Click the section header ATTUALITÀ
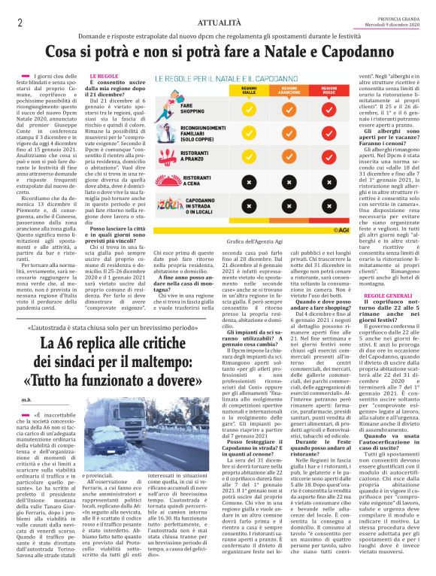(218, 23)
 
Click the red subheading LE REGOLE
(104, 76)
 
